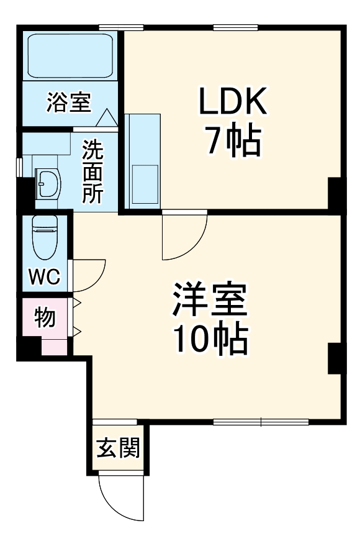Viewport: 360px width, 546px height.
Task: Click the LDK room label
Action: point(232,101)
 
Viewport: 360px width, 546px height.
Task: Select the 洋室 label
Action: point(210,301)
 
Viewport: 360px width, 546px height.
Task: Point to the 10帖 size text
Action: point(210,338)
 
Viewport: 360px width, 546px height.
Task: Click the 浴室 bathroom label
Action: point(68,102)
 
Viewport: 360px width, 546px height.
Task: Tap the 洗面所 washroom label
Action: point(93,172)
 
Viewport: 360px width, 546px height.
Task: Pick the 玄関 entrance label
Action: point(117,448)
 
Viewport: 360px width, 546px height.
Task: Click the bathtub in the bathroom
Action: point(68,55)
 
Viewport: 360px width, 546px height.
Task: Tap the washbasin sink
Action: point(47,183)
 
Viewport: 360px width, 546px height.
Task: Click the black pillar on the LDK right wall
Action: point(334,193)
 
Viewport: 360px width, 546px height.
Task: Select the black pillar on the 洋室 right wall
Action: point(334,358)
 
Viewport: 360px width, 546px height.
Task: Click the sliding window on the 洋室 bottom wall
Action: point(261,422)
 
